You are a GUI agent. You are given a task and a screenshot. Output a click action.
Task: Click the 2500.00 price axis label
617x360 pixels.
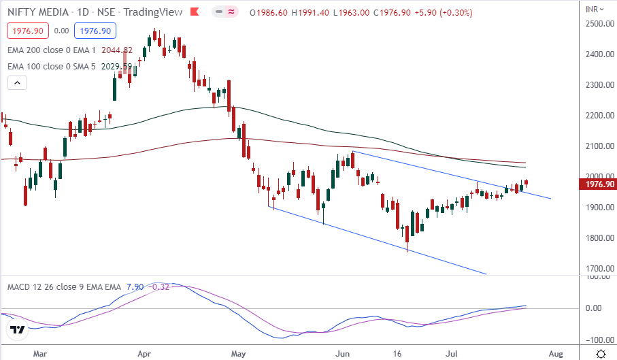pyautogui.click(x=599, y=24)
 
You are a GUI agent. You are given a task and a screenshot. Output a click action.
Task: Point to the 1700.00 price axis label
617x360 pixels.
pyautogui.click(x=599, y=269)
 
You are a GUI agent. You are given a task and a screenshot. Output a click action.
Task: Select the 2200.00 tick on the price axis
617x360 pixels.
pyautogui.click(x=599, y=116)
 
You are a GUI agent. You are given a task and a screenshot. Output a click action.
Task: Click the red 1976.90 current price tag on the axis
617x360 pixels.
pyautogui.click(x=599, y=184)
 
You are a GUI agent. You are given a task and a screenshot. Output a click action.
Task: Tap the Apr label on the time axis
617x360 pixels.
pyautogui.click(x=144, y=354)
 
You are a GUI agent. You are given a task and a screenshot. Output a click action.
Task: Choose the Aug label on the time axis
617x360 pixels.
pyautogui.click(x=555, y=354)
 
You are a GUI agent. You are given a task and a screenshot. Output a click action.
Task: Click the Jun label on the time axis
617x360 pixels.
pyautogui.click(x=342, y=354)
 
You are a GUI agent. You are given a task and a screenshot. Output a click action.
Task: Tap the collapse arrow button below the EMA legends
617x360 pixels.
pyautogui.click(x=17, y=83)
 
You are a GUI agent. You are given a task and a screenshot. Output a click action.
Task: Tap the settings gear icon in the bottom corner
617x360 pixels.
pyautogui.click(x=601, y=354)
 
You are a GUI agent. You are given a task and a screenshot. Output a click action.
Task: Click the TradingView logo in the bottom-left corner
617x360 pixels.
pyautogui.click(x=17, y=330)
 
